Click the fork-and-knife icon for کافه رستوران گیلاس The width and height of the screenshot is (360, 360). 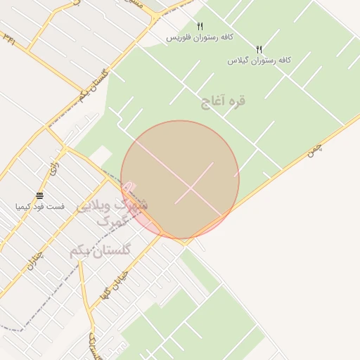click(259, 49)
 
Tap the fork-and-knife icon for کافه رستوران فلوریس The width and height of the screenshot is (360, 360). click(199, 26)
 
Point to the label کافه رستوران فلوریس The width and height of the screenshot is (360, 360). click(200, 37)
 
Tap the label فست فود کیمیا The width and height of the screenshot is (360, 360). click(40, 207)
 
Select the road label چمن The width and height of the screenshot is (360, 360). click(314, 149)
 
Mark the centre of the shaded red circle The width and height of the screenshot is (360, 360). click(180, 180)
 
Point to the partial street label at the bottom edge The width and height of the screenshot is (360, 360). click(94, 347)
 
